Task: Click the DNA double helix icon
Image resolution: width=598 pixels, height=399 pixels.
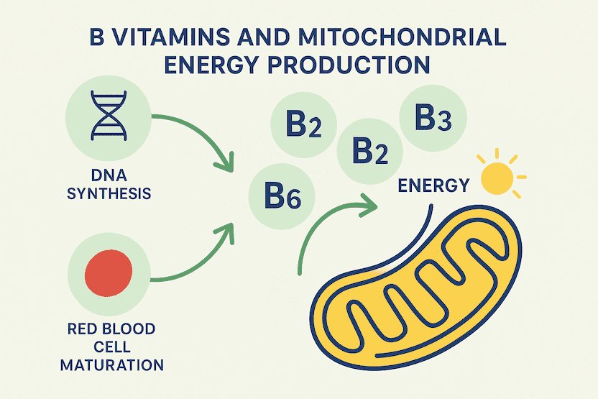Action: point(109,116)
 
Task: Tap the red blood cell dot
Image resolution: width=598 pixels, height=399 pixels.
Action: point(109,273)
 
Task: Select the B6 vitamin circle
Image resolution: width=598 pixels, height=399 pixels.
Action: point(282,196)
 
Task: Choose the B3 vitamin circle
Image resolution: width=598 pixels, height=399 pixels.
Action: point(433,118)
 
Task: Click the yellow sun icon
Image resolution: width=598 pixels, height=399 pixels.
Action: point(497,178)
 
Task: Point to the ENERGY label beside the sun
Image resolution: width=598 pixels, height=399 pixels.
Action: point(433,185)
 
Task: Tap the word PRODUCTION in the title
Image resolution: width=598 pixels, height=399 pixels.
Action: point(349,65)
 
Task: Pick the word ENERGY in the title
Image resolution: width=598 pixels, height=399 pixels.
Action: point(212,65)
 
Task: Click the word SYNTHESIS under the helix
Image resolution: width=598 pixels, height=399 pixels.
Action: point(109,194)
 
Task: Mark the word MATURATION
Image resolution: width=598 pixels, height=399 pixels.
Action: point(112,365)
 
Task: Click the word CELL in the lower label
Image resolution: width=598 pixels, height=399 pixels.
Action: point(112,347)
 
